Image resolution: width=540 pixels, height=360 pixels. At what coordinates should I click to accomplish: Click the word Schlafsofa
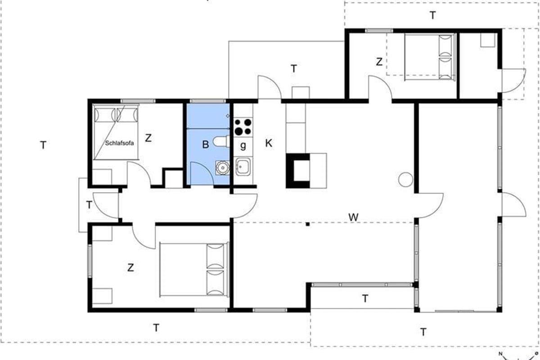tap(119, 143)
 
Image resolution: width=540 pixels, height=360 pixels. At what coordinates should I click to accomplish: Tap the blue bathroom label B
tap(205, 144)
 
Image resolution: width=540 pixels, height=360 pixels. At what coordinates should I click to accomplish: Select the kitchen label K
tap(269, 143)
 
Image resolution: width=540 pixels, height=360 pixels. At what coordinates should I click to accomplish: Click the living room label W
tap(353, 217)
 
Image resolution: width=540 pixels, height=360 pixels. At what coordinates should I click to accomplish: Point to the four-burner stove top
tap(243, 127)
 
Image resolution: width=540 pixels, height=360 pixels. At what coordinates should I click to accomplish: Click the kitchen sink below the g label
tap(243, 166)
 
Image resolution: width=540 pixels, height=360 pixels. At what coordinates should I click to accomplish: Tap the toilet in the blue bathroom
tap(221, 142)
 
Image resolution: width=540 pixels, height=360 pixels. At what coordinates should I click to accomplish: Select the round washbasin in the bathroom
tap(222, 167)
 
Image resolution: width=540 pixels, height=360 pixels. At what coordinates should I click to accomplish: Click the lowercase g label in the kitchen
tap(243, 146)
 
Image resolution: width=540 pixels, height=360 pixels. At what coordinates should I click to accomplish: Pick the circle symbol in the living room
tap(405, 180)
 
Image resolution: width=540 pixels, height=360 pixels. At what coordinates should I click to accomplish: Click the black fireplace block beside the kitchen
tap(298, 171)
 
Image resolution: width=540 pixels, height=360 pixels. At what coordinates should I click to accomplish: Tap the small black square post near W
tap(308, 224)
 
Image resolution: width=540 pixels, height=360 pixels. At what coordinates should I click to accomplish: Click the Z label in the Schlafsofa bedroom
tap(148, 138)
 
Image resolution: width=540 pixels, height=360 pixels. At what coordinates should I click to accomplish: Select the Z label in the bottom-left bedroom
tap(130, 267)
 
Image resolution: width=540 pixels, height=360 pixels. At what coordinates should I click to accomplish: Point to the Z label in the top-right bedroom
tap(379, 62)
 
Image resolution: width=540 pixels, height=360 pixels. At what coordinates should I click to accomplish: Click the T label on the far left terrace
tap(43, 145)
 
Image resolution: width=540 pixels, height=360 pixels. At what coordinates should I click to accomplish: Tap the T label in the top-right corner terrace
tap(433, 15)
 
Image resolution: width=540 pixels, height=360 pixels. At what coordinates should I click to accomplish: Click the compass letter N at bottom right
tap(500, 354)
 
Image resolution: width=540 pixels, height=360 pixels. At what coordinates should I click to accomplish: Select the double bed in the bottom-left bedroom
tap(194, 270)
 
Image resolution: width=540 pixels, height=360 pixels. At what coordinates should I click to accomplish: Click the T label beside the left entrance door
tap(89, 205)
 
